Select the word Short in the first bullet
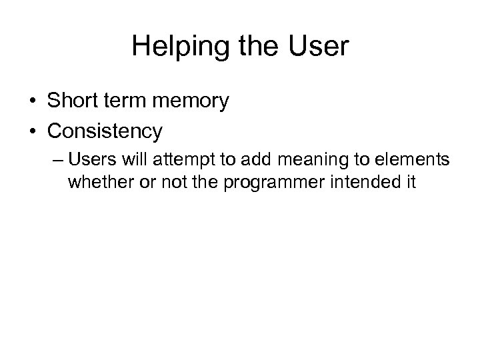click(73, 101)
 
